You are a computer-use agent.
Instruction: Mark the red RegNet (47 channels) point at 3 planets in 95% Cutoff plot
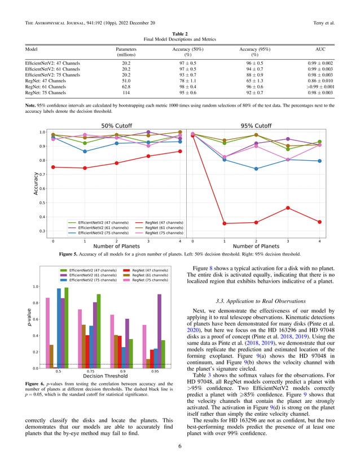[288, 208]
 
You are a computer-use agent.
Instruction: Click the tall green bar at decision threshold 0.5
[66, 327]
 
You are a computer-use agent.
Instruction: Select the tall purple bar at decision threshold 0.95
[160, 331]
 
